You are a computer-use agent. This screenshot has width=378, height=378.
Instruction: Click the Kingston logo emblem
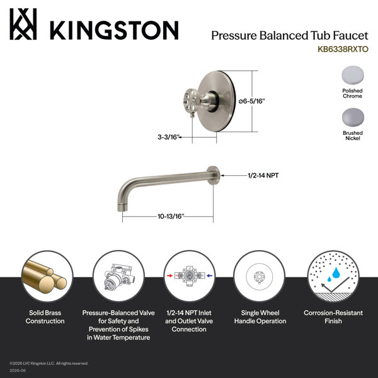23,24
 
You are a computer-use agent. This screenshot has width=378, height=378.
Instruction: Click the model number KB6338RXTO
343,49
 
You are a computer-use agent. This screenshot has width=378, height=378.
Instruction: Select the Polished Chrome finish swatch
353,75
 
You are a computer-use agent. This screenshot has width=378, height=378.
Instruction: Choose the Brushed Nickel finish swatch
353,117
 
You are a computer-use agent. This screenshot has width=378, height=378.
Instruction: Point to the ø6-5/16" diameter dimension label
251,101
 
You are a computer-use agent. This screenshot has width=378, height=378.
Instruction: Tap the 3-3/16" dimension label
169,137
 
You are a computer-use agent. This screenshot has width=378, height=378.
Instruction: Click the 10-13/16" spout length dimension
171,216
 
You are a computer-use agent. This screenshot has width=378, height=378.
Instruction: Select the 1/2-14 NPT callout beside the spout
263,175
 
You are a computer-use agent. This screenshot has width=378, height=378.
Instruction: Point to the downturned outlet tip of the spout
122,207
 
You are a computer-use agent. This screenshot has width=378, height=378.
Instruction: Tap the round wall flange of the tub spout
214,175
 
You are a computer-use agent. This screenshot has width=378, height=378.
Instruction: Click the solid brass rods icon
45,277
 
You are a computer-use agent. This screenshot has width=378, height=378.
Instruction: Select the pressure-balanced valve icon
118,277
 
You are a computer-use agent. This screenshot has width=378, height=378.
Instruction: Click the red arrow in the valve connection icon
169,275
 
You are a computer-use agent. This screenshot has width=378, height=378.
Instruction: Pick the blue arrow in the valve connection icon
209,275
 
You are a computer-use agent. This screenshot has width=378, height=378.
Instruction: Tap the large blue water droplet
336,273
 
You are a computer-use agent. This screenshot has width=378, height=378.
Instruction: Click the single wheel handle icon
260,277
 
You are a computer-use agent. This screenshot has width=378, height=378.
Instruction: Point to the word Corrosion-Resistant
333,312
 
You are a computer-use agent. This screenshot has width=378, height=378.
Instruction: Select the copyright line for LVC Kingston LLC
49,364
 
